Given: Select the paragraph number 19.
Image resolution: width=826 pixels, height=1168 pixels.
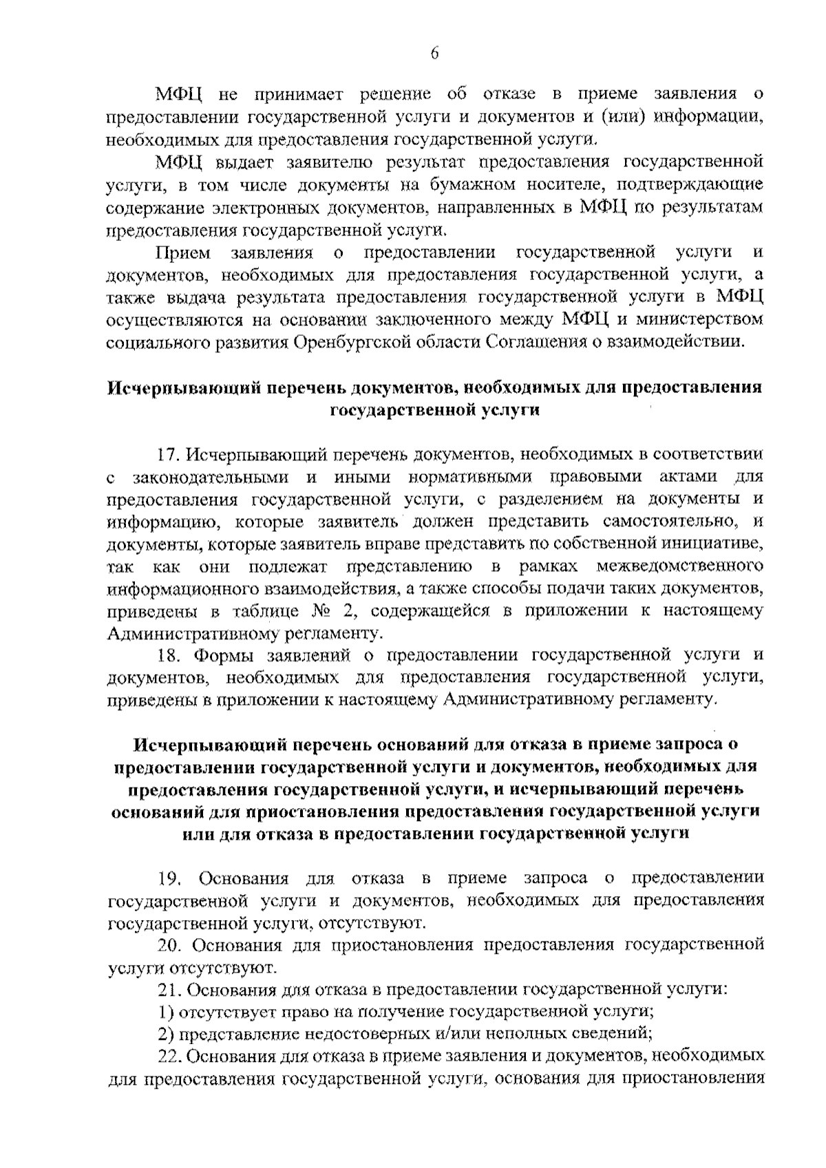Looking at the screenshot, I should tap(169, 879).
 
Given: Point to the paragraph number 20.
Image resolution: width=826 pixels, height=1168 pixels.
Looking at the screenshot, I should tap(169, 945).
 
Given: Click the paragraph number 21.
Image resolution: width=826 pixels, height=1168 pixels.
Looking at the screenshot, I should tap(168, 990).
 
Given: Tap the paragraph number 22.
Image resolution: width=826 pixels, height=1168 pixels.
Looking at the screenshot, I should tap(169, 1056).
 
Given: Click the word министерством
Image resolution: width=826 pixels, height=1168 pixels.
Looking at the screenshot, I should tap(700, 319).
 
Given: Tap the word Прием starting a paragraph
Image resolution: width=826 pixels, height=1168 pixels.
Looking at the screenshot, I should tap(183, 253).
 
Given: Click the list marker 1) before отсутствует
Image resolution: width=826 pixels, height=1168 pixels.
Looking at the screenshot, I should tap(165, 1012).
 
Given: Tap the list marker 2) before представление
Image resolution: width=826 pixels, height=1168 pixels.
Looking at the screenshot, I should tap(165, 1034).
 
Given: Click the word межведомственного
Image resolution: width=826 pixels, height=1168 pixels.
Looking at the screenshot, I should tap(681, 566).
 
